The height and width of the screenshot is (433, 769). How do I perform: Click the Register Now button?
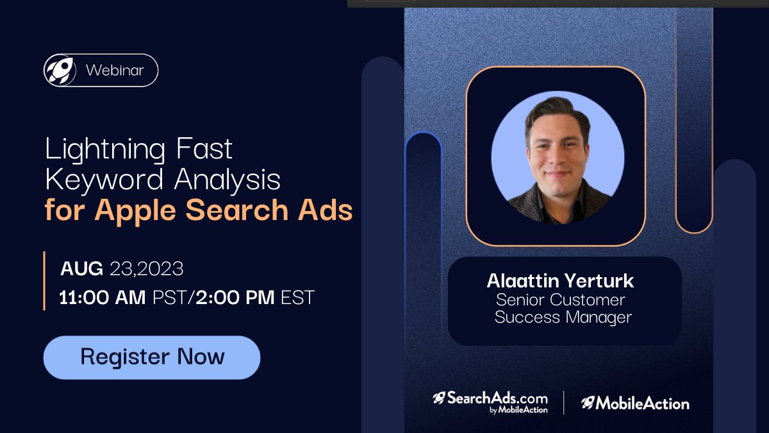click(x=152, y=357)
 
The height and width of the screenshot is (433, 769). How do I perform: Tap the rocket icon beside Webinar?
click(x=60, y=70)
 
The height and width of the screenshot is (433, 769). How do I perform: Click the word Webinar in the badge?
click(x=115, y=70)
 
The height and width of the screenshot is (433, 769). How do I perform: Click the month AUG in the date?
click(x=81, y=269)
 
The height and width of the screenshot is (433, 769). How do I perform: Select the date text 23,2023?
click(x=147, y=269)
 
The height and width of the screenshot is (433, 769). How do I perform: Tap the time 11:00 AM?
click(x=102, y=298)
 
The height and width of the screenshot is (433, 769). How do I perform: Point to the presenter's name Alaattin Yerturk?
click(x=560, y=281)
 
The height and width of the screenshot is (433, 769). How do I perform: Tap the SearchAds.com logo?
click(x=490, y=402)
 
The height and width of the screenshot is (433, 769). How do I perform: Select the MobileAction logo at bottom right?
click(x=635, y=403)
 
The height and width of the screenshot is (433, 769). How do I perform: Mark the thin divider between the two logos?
click(x=564, y=402)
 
